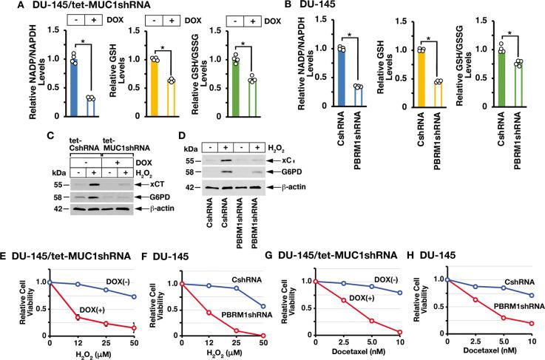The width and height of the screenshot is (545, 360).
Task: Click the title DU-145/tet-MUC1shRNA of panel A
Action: pyautogui.click(x=75, y=7)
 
